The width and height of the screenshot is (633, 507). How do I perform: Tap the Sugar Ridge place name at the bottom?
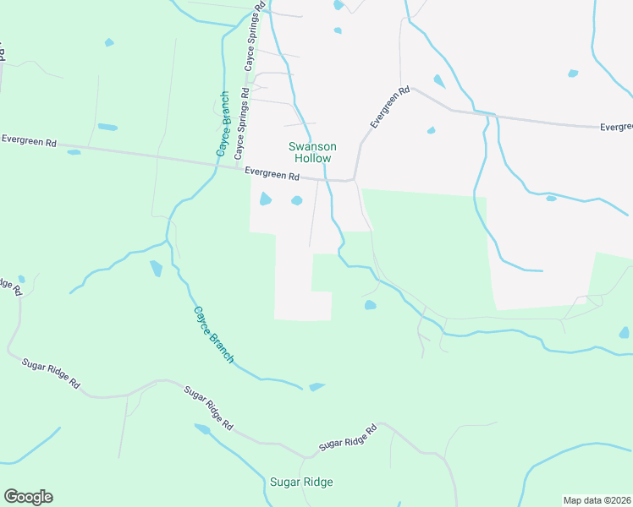click(301, 482)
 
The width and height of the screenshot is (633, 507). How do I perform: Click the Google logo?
click(28, 497)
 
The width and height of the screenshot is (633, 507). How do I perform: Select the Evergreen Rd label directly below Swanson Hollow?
click(272, 176)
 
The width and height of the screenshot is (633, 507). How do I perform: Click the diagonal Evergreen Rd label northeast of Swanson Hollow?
click(389, 107)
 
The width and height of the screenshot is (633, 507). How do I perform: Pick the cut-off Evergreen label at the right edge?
click(616, 128)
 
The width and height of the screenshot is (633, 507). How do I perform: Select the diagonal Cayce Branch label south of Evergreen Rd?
click(213, 335)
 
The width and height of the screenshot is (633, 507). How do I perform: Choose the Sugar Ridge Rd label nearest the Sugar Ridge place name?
click(347, 438)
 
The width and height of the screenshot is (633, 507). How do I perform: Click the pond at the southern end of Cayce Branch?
click(316, 387)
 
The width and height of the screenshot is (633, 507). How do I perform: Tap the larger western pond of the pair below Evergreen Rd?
click(265, 199)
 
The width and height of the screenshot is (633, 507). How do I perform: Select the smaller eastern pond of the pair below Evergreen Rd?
click(297, 200)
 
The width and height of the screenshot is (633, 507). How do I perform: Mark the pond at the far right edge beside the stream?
click(625, 333)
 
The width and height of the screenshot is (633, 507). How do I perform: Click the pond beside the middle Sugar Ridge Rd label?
click(202, 428)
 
